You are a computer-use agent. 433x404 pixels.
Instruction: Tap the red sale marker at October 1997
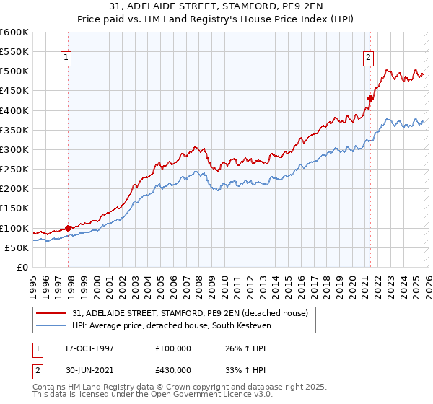click(69, 228)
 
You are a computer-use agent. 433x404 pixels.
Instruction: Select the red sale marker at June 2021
click(370, 98)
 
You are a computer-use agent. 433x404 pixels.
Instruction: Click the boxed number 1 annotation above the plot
click(66, 58)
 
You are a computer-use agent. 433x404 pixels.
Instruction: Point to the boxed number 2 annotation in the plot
click(368, 58)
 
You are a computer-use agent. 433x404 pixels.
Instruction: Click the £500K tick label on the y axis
click(14, 71)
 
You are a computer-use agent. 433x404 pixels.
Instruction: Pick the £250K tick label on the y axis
click(14, 170)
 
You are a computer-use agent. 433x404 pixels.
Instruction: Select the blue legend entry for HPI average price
click(171, 326)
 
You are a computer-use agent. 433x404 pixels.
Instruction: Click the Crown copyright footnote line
click(159, 387)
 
